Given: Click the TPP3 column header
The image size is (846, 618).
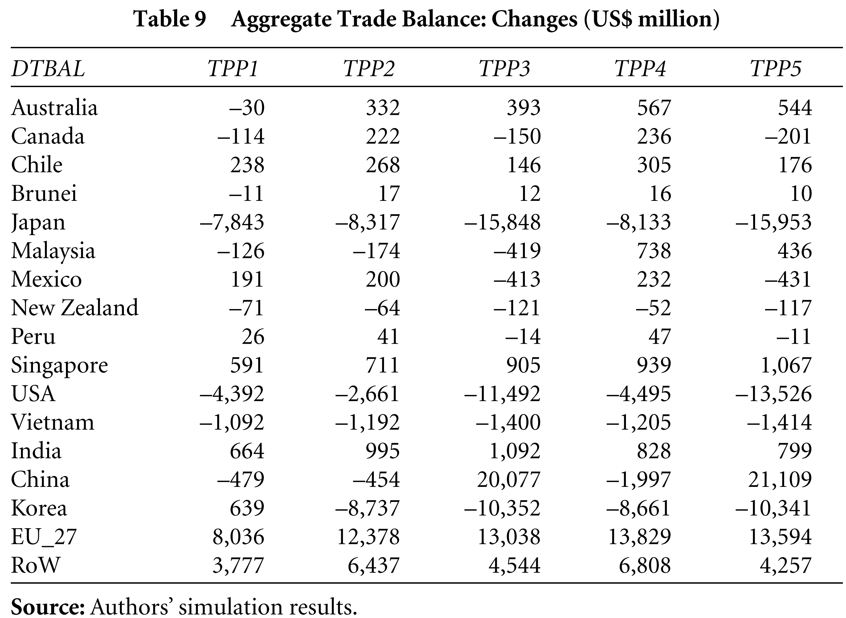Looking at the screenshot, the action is [504, 69].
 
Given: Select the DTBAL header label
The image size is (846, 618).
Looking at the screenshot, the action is [48, 69].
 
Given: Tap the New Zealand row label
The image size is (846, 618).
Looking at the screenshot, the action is [75, 308].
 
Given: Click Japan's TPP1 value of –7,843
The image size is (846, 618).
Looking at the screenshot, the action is [232, 222].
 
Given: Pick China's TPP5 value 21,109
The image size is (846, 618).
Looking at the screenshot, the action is [780, 479].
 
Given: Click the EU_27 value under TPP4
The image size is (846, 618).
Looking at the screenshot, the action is [640, 537].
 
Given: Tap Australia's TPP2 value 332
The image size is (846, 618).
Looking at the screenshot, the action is [383, 107].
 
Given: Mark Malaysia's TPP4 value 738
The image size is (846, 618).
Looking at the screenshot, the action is [654, 251].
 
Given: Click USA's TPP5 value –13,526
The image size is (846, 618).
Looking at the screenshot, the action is [774, 394].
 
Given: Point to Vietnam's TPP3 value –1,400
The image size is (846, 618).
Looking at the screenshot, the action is [508, 422].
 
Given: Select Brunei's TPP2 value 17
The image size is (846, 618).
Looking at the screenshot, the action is [389, 193].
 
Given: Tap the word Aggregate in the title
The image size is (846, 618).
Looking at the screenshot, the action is [281, 19].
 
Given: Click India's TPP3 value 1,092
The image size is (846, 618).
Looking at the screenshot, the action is [515, 451].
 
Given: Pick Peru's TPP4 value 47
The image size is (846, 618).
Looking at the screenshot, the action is [660, 336].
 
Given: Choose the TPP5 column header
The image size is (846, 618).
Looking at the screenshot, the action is [775, 69].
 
